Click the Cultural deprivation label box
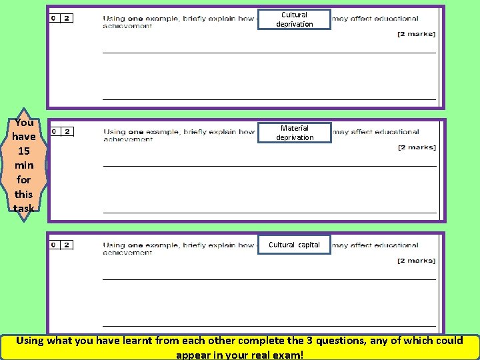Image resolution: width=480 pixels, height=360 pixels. tap(294, 19)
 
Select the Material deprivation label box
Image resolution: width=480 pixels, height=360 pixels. tap(294, 133)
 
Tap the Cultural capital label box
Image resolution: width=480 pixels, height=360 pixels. tap(294, 245)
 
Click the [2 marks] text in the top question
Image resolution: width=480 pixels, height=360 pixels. tap(416, 34)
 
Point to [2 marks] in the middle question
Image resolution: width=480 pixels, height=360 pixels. tap(416, 147)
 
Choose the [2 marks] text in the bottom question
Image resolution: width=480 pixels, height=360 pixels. tap(416, 261)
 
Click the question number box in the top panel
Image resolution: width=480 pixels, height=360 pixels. tap(61, 18)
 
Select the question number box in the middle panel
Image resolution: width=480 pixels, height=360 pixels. tap(62, 131)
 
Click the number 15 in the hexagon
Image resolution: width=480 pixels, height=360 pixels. tap(23, 151)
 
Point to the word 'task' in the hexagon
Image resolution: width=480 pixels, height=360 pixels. tap(23, 208)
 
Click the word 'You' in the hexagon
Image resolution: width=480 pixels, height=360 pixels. tap(23, 123)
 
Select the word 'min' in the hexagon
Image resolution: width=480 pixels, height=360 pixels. tap(23, 165)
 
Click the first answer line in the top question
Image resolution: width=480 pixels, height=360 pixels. tap(269, 52)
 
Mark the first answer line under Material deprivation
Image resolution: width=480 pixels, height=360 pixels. tap(269, 165)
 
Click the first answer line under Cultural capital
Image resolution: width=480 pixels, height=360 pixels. tap(269, 279)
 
